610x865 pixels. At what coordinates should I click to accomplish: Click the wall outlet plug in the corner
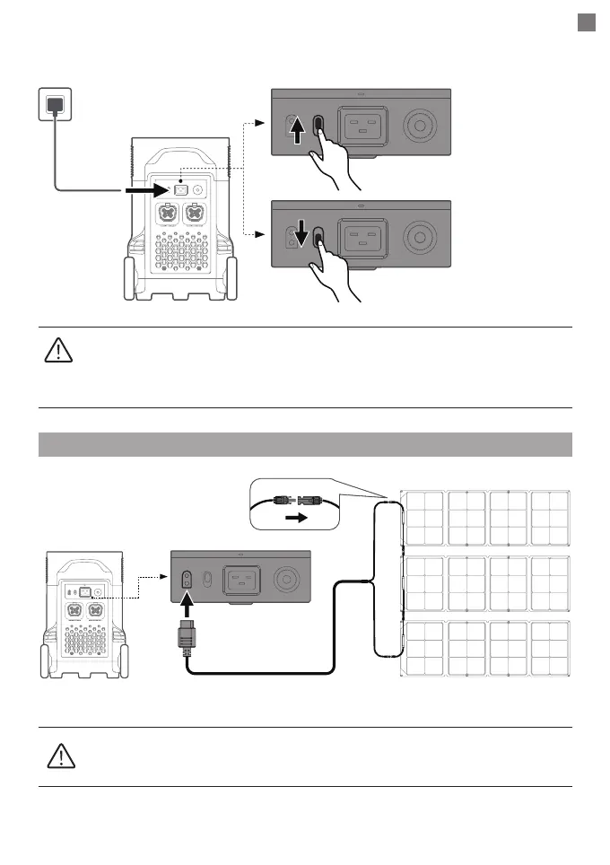tap(56, 104)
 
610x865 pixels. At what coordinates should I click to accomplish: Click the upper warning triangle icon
tap(56, 351)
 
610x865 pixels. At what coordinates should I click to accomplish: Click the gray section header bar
tap(306, 444)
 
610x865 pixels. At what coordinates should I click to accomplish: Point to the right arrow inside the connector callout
tap(295, 519)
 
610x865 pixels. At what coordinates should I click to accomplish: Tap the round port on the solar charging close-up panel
tap(286, 577)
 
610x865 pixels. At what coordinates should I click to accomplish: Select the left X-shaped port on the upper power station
tap(168, 215)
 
